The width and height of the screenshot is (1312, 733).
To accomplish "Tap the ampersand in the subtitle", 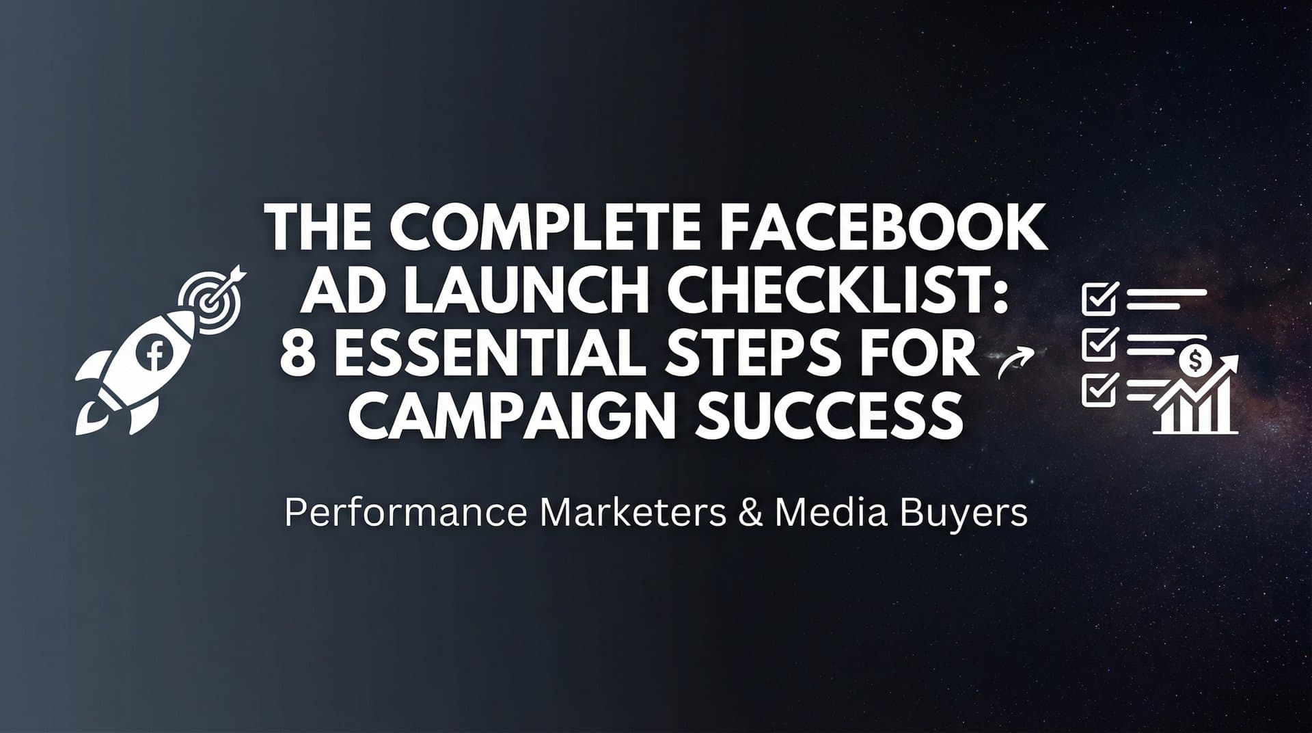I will (x=750, y=513).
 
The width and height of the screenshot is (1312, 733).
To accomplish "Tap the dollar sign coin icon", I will (x=1195, y=360).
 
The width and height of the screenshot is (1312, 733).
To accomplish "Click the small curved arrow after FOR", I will (x=1014, y=362).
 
